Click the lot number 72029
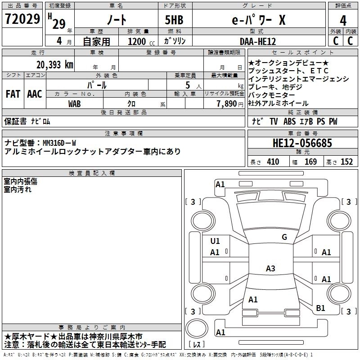tap(22, 19)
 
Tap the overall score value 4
tap(343, 20)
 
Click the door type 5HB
tap(171, 20)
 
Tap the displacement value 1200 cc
tap(139, 41)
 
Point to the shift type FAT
tap(13, 94)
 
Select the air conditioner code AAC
tap(35, 94)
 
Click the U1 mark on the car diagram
tap(215, 241)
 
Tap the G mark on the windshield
tap(284, 237)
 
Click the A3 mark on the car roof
tap(270, 269)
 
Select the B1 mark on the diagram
tap(320, 308)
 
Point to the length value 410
tap(273, 162)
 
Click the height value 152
tap(346, 162)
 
